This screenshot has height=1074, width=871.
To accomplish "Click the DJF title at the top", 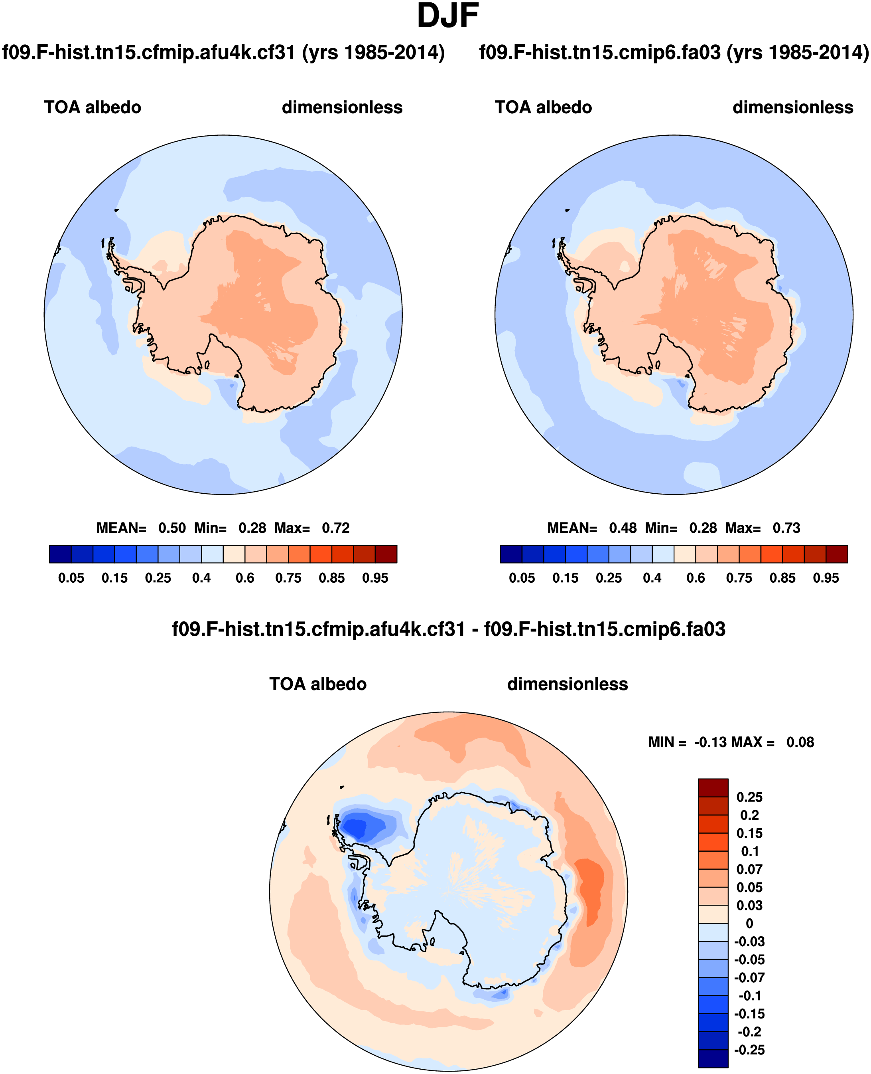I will pyautogui.click(x=447, y=16).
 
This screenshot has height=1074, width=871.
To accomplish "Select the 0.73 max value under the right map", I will pyautogui.click(x=786, y=528).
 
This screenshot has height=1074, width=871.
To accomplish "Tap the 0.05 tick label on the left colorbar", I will pyautogui.click(x=71, y=578).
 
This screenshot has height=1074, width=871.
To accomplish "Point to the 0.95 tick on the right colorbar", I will pyautogui.click(x=826, y=578).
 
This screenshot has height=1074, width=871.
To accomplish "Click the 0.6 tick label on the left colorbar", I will pyautogui.click(x=245, y=578).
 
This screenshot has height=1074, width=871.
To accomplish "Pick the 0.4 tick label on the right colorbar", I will pyautogui.click(x=652, y=578).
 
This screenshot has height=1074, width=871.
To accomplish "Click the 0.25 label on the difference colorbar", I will pyautogui.click(x=749, y=797).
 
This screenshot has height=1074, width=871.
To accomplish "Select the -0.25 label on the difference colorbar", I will pyautogui.click(x=749, y=1050).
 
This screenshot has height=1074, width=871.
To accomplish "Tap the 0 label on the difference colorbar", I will pyautogui.click(x=749, y=924).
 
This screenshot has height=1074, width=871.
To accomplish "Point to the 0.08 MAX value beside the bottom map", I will pyautogui.click(x=800, y=742).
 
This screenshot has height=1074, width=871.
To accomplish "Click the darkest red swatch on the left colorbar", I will pyautogui.click(x=386, y=554).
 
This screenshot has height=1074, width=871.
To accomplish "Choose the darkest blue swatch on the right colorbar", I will pyautogui.click(x=511, y=554).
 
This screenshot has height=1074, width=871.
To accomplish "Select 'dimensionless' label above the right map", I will pyautogui.click(x=793, y=107).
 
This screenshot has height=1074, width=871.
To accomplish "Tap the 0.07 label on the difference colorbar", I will pyautogui.click(x=749, y=869).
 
